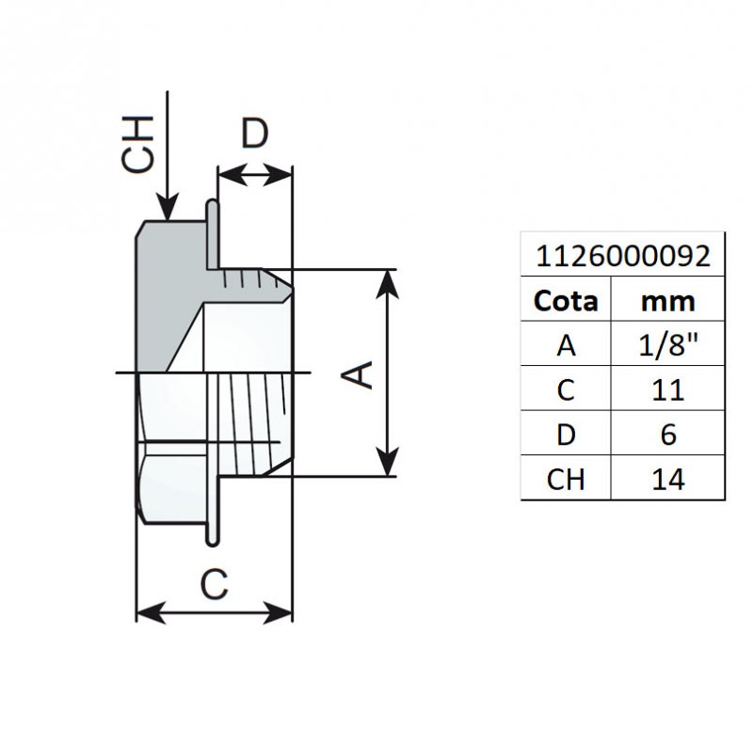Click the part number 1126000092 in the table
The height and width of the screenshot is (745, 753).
coord(622,255)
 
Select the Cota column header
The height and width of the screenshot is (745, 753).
coord(566,300)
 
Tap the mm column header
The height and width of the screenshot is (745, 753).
coord(667,300)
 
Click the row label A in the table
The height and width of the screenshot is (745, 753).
coord(566,345)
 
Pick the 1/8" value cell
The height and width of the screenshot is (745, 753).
coord(667,345)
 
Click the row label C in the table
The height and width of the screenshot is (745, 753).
coord(566,389)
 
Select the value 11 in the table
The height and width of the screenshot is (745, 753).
coord(667,389)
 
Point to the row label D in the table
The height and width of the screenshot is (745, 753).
coord(566,435)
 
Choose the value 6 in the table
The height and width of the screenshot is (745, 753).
coord(667,435)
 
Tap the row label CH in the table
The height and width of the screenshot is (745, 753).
coord(566,479)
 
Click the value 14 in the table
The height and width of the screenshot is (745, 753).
coord(667,479)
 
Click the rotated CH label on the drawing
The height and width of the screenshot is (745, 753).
coord(138,144)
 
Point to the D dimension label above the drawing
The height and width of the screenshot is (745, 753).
coord(254,135)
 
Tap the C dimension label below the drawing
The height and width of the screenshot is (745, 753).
coord(215,584)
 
